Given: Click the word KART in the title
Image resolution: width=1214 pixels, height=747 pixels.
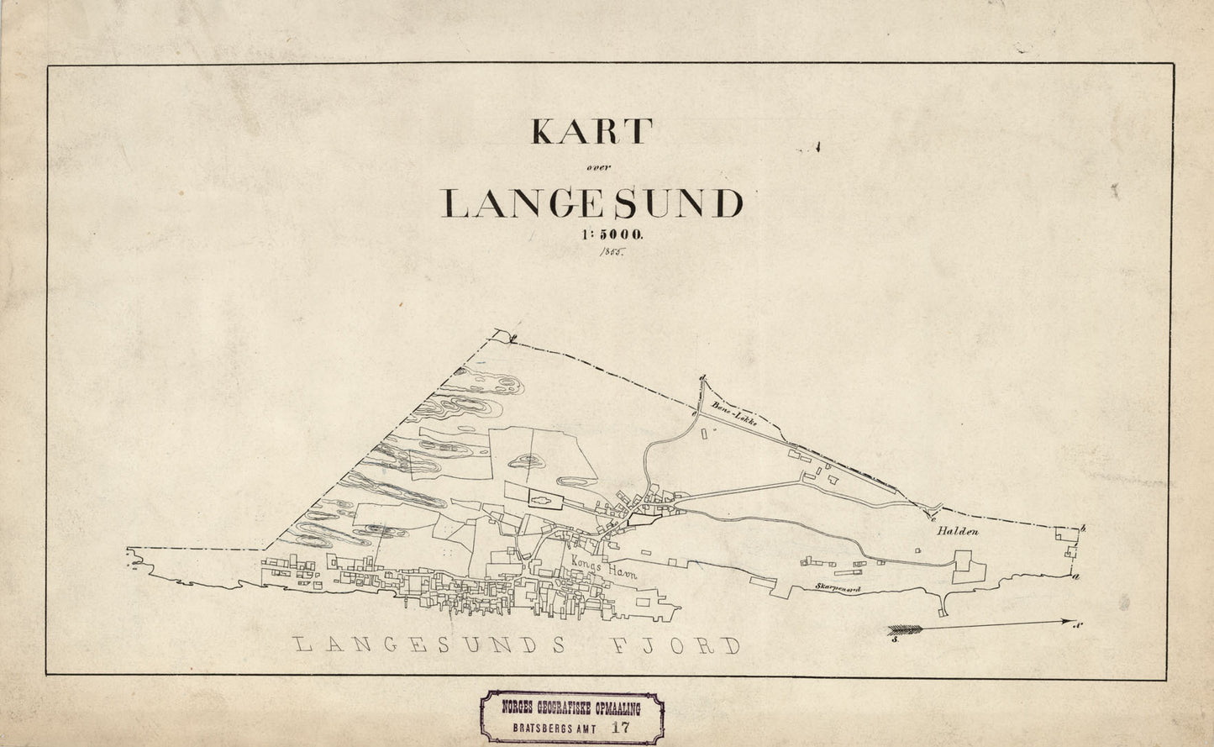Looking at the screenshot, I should pyautogui.click(x=591, y=131).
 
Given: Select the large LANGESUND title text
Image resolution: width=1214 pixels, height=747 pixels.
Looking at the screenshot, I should pyautogui.click(x=592, y=203).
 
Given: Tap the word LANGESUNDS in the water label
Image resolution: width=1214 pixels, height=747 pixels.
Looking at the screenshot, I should pyautogui.click(x=438, y=645).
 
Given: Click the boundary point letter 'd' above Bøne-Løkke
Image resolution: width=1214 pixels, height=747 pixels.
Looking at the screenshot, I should pyautogui.click(x=702, y=379).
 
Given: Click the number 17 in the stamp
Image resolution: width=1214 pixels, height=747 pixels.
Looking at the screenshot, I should pyautogui.click(x=620, y=728).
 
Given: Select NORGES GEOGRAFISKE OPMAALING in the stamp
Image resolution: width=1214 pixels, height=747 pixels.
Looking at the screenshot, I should pyautogui.click(x=570, y=708).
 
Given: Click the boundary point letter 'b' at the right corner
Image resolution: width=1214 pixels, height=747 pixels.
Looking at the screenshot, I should pyautogui.click(x=1084, y=528).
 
